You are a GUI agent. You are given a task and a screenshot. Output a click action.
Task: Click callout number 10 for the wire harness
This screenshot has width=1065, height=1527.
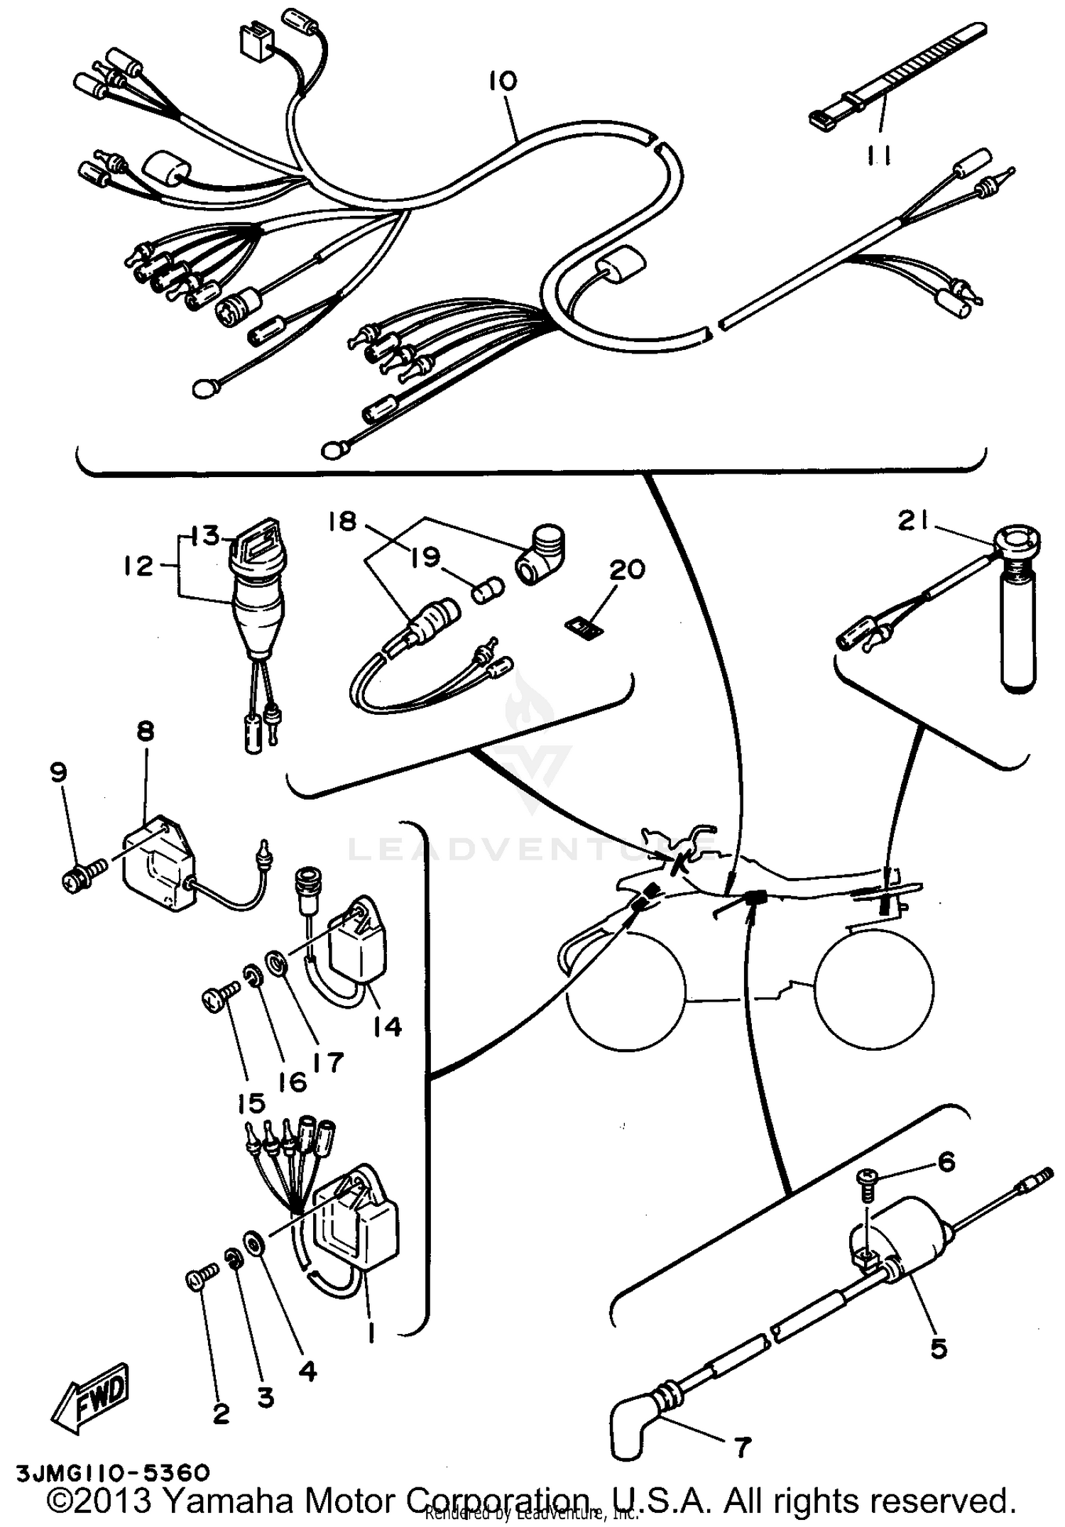[503, 81]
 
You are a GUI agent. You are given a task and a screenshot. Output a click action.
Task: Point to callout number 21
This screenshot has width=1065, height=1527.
[914, 522]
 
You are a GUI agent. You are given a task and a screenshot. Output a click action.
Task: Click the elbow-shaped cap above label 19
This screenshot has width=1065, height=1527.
[540, 554]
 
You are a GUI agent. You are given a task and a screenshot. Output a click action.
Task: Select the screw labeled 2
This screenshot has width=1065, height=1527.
[199, 1281]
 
